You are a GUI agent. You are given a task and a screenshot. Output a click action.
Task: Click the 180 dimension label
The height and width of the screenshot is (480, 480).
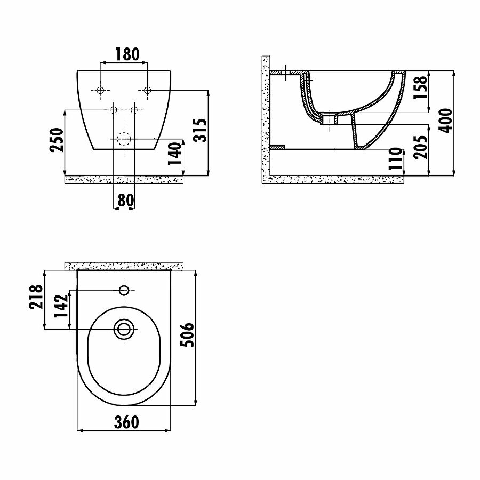(127, 54)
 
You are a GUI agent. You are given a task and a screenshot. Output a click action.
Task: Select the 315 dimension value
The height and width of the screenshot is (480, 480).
(200, 130)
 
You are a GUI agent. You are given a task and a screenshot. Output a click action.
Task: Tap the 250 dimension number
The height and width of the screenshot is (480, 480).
(57, 140)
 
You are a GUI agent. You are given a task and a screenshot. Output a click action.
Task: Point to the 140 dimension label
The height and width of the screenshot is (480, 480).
(175, 154)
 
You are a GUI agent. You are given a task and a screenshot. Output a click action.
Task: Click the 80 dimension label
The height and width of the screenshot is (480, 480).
(126, 201)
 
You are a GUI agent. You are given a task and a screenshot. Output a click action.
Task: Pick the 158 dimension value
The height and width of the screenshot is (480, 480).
(420, 87)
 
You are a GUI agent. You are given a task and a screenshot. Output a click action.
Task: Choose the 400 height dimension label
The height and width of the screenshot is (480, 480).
(445, 121)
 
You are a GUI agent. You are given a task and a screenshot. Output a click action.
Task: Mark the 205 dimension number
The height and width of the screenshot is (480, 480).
(420, 147)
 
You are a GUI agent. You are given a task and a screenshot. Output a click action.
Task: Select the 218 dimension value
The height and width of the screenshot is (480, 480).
(36, 297)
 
